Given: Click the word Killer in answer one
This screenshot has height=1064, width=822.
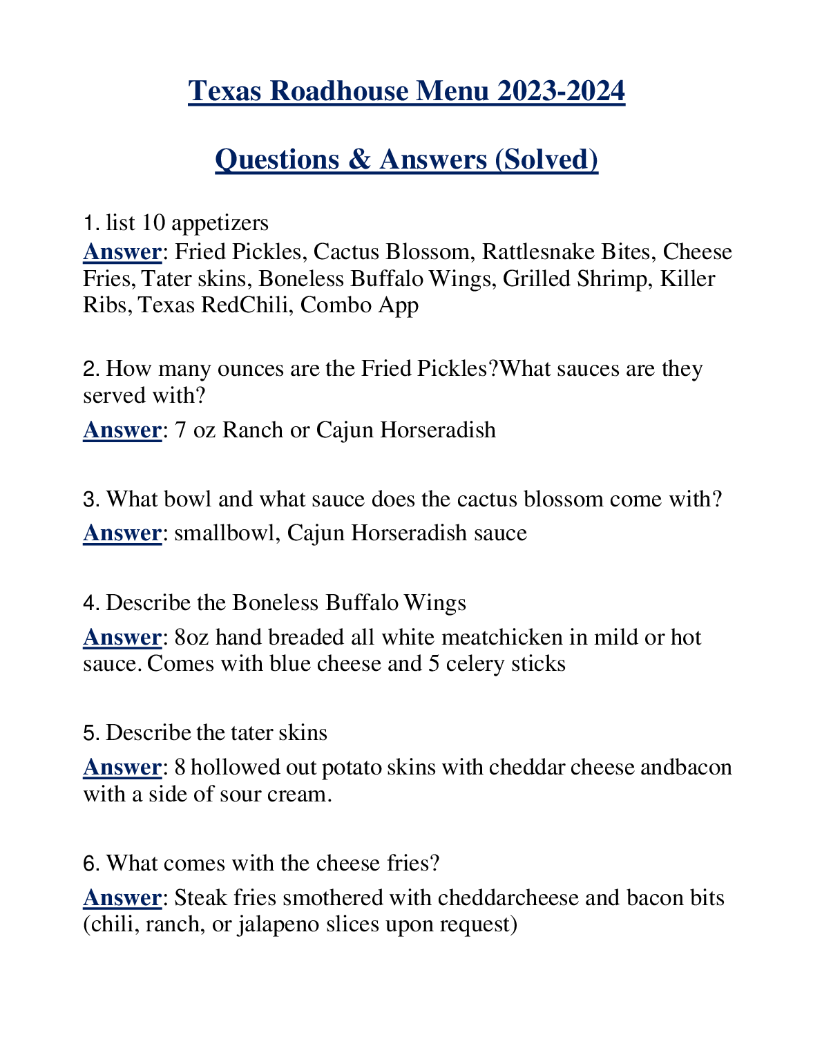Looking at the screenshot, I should point(687,278).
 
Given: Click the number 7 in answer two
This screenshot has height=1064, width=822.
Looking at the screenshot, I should point(180,430).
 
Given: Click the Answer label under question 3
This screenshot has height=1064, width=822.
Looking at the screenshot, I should point(122,533).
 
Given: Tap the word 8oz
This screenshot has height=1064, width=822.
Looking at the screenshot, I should point(191,637).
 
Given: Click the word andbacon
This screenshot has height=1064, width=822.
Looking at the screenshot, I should point(686,768).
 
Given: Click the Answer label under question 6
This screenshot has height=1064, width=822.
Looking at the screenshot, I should point(122,898).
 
